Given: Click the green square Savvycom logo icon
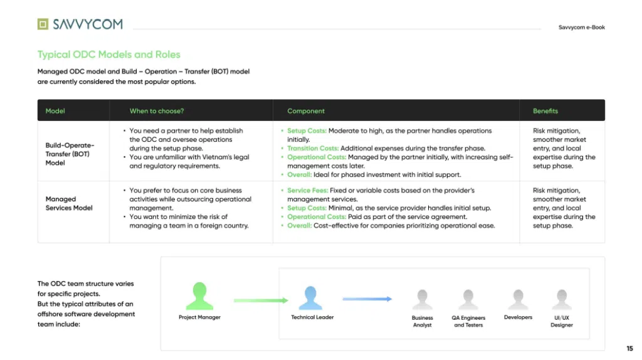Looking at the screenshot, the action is (x=43, y=24).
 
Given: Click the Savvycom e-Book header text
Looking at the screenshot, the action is (x=581, y=28).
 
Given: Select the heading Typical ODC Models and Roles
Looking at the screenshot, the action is (x=109, y=55).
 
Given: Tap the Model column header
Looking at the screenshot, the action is (x=55, y=111).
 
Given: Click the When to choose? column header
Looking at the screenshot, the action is (x=157, y=111).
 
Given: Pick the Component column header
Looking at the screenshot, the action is (x=306, y=111).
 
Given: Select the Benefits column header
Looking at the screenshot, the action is (x=545, y=111).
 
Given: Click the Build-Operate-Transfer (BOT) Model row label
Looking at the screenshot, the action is (x=70, y=154).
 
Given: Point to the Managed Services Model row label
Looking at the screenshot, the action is (x=69, y=204).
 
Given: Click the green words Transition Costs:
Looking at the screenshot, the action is (x=313, y=148).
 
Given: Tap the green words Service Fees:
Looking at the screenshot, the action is (x=307, y=191).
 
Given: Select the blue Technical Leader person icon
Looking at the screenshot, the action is (x=310, y=298).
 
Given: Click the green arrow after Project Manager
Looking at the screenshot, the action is (x=261, y=300).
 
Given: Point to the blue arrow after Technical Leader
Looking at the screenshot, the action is (x=367, y=299).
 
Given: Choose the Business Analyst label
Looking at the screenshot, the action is (x=422, y=322).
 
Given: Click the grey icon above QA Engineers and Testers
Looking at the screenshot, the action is (x=468, y=299).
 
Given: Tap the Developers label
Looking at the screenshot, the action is (x=518, y=317).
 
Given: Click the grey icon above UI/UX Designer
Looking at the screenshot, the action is (x=561, y=299).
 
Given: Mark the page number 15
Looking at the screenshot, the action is (x=629, y=349).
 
